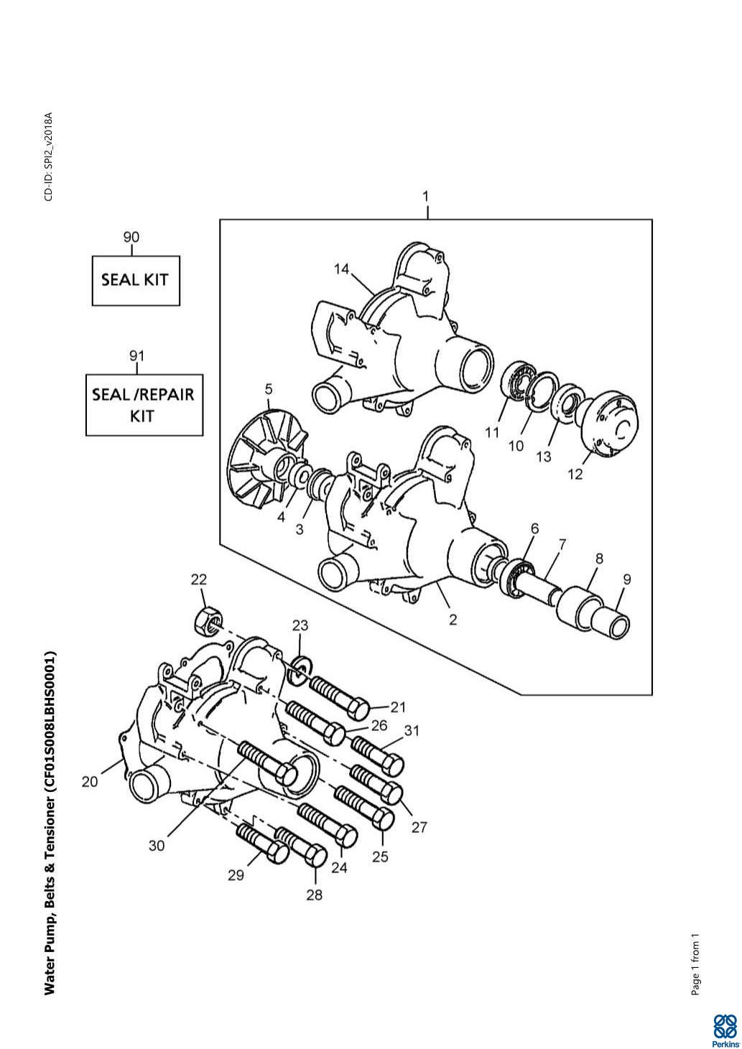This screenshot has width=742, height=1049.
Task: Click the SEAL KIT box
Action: click(x=135, y=281)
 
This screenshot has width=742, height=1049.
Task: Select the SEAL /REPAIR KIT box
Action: click(x=144, y=405)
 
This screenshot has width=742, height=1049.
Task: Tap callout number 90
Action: click(x=131, y=237)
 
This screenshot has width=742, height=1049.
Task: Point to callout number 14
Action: click(x=341, y=269)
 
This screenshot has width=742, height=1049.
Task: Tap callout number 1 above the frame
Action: click(x=425, y=197)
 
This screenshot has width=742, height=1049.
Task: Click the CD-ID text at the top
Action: click(x=49, y=157)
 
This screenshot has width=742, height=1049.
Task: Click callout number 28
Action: click(x=315, y=895)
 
